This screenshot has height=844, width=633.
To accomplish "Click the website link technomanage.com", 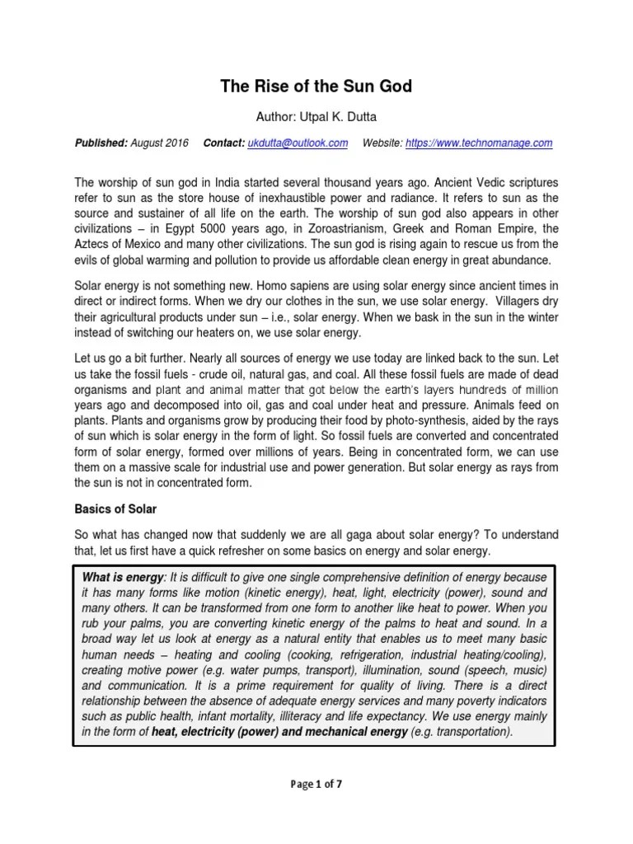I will point(493,143).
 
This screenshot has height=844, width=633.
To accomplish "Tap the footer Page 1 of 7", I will point(316,784).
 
